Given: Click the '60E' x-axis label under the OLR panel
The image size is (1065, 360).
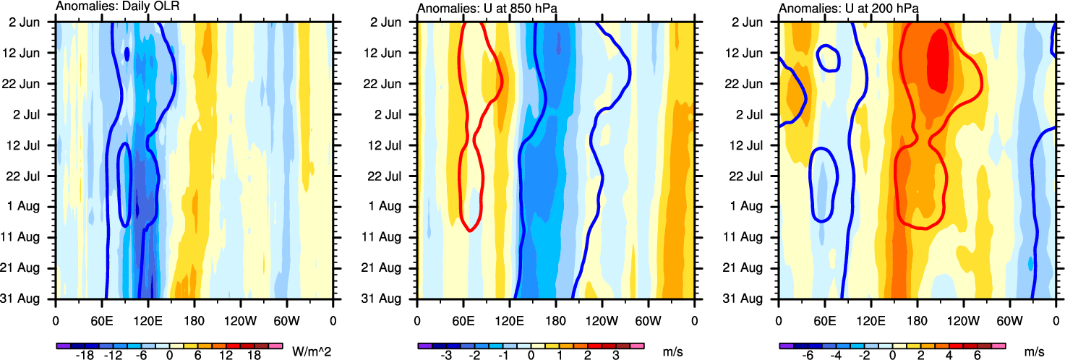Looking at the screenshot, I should (102, 318).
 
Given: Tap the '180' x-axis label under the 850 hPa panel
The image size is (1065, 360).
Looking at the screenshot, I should (555, 318).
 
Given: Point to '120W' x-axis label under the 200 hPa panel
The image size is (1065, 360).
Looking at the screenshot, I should (962, 318).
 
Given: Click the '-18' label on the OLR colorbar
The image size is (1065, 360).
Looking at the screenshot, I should (85, 356).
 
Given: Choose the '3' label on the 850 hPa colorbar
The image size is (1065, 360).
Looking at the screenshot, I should (615, 356).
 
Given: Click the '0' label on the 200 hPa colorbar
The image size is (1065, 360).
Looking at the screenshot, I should (892, 356).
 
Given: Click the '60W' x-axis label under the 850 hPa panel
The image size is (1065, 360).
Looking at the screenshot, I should (649, 318).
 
